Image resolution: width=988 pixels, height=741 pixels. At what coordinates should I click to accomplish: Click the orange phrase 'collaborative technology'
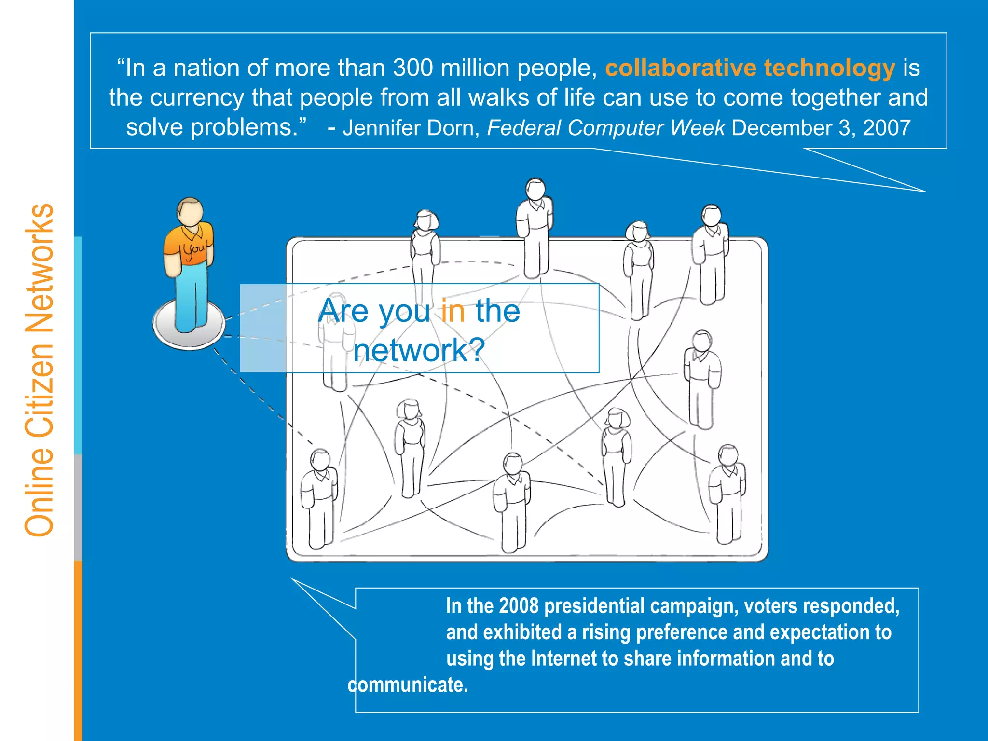click(750, 68)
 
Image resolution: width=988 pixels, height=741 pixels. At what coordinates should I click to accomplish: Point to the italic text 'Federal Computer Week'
click(605, 128)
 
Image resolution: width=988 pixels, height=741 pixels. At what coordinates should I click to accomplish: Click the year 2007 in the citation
click(886, 128)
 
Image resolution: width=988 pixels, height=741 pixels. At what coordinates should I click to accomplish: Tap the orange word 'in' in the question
click(453, 311)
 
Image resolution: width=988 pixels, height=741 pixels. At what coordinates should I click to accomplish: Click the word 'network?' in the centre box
click(419, 350)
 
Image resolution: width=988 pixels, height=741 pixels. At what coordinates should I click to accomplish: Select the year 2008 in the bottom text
click(519, 606)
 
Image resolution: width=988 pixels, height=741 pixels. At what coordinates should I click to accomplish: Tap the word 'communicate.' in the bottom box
click(408, 685)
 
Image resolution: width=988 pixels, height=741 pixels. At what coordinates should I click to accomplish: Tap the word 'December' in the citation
click(782, 128)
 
